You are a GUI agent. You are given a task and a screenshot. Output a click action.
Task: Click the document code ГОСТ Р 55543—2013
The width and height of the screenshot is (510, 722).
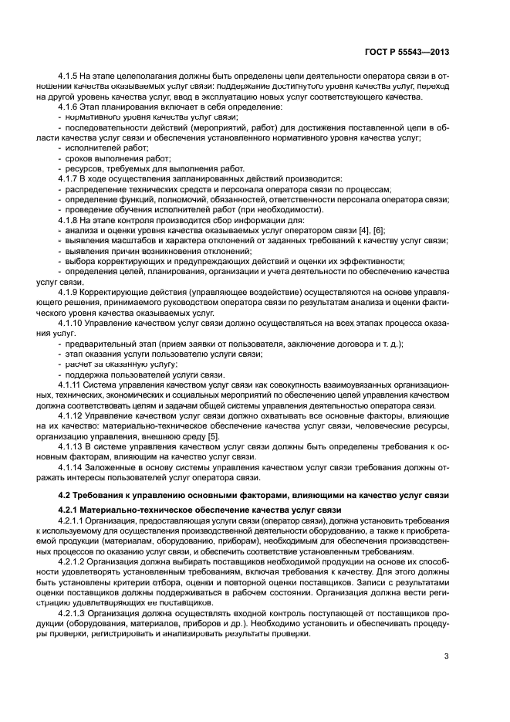click(410, 52)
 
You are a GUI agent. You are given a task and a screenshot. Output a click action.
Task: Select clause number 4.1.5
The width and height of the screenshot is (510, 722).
click(69, 76)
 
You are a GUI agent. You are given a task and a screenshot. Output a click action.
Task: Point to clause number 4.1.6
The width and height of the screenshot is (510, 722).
click(69, 107)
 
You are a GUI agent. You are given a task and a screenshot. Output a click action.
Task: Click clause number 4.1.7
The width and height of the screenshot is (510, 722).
click(69, 178)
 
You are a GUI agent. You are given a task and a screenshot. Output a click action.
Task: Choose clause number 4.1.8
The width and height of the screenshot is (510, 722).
click(69, 220)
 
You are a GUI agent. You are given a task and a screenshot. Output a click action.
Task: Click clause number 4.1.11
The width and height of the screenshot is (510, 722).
click(72, 384)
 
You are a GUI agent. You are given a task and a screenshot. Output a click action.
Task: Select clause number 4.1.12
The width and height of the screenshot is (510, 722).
click(72, 415)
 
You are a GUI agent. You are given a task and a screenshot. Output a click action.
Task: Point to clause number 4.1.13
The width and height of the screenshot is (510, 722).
click(72, 446)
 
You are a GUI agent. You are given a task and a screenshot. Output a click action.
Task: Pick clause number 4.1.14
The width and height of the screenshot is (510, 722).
click(72, 466)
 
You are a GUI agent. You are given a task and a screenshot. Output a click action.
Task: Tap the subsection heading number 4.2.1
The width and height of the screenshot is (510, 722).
click(69, 510)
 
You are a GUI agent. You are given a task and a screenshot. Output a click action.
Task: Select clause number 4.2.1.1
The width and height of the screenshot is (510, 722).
click(74, 521)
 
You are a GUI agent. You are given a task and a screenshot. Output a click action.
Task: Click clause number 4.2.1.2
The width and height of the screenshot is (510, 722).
click(74, 562)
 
